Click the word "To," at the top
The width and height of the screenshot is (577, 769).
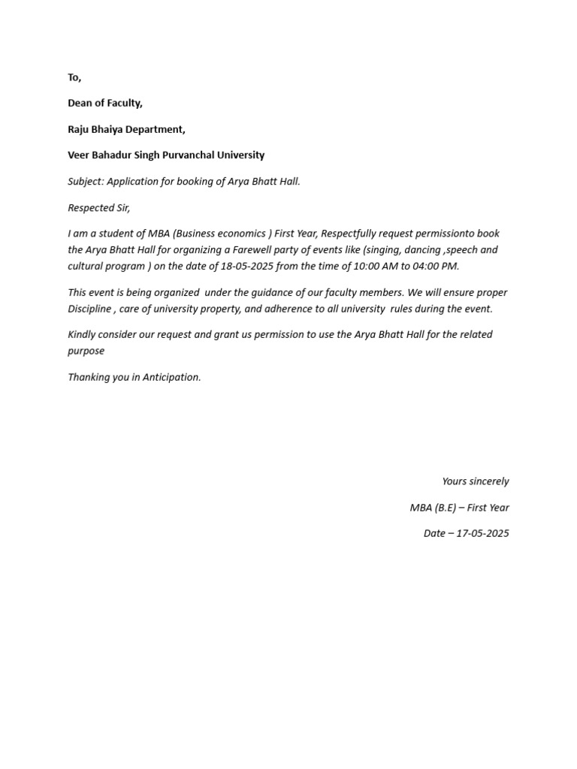coord(74,77)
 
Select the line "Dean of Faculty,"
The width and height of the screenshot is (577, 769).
coord(105,103)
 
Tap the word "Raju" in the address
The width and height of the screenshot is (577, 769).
coord(79,129)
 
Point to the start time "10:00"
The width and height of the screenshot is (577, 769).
coord(366,266)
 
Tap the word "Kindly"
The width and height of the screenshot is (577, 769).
coord(83,334)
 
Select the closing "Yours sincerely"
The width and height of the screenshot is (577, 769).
coord(476,481)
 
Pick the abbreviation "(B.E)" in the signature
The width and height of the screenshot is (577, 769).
coord(446,508)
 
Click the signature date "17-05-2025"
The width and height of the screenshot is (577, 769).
coord(483,533)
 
